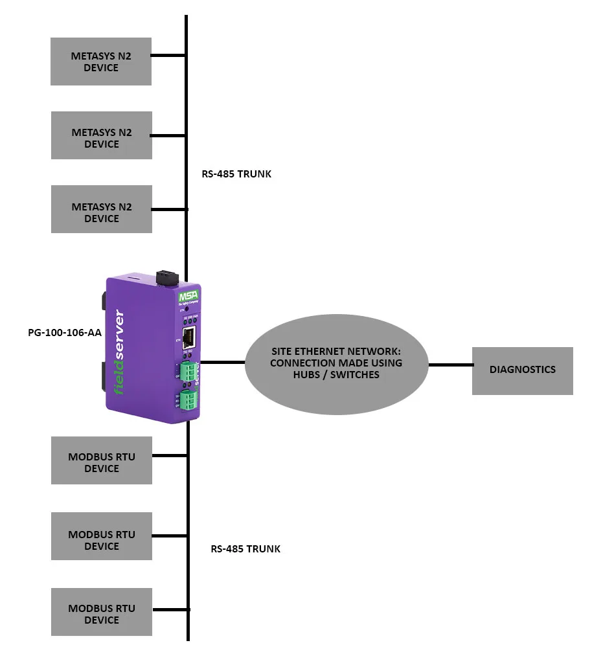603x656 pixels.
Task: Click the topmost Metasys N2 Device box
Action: click(101, 62)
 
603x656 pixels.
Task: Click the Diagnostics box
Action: click(522, 370)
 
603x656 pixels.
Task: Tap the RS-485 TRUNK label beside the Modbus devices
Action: click(245, 549)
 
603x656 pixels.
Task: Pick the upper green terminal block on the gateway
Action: click(188, 371)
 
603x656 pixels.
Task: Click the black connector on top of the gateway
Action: click(166, 277)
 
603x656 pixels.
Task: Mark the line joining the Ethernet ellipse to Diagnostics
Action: click(450, 365)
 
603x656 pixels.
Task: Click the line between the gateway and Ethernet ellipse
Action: click(223, 363)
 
